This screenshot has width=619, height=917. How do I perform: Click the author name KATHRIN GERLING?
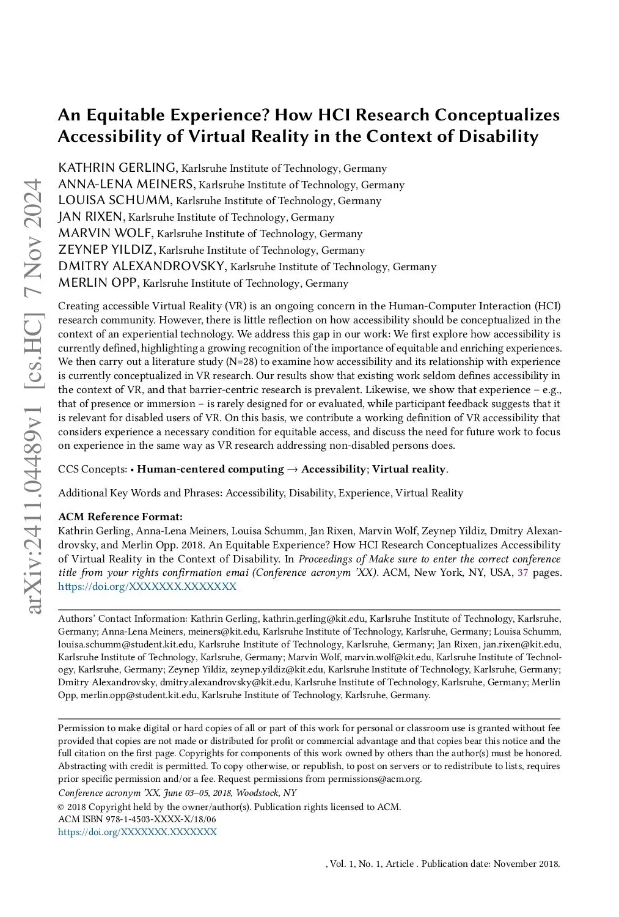pyautogui.click(x=117, y=168)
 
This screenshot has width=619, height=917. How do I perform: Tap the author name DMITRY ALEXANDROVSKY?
pyautogui.click(x=142, y=266)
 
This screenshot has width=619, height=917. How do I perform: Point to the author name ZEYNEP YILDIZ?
pyautogui.click(x=107, y=249)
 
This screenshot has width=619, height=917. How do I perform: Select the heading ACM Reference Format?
pyautogui.click(x=120, y=517)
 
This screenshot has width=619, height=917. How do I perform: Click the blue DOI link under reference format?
pyautogui.click(x=147, y=587)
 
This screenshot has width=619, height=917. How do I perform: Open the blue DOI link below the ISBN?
pyautogui.click(x=137, y=832)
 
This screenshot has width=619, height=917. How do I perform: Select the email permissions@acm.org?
pyautogui.click(x=374, y=779)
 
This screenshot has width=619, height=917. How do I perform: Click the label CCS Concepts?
pyautogui.click(x=92, y=470)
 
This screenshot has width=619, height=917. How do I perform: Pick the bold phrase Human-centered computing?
pyautogui.click(x=210, y=470)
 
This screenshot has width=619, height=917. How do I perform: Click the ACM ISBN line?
pyautogui.click(x=137, y=819)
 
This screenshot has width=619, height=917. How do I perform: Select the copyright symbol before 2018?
pyautogui.click(x=60, y=807)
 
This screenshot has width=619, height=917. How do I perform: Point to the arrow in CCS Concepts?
pyautogui.click(x=292, y=470)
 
